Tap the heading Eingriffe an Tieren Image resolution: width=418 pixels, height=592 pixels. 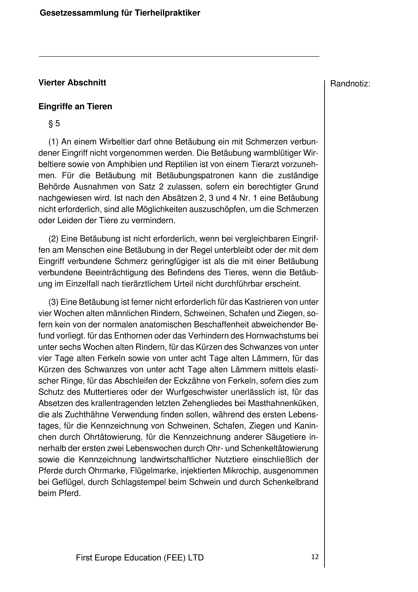[x=75, y=106]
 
